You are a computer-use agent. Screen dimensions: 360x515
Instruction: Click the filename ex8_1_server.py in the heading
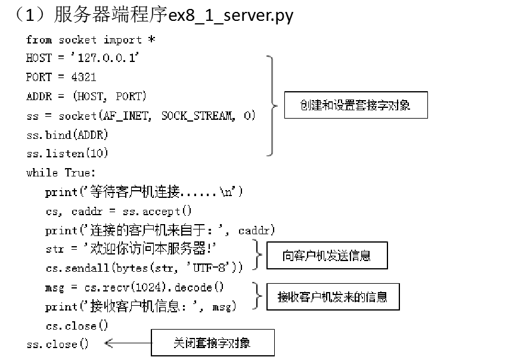pyautogui.click(x=231, y=15)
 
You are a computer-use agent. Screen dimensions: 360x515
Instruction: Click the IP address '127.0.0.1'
pyautogui.click(x=108, y=58)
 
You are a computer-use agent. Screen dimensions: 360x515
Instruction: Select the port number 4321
pyautogui.click(x=83, y=77)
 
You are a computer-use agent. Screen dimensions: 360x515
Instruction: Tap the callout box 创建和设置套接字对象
pyautogui.click(x=355, y=105)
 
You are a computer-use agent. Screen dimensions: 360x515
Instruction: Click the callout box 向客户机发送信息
pyautogui.click(x=326, y=256)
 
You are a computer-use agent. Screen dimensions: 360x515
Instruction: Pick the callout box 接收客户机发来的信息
pyautogui.click(x=332, y=296)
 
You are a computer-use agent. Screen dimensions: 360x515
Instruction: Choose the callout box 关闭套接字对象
pyautogui.click(x=212, y=343)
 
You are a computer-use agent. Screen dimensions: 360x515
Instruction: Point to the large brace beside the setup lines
pyautogui.click(x=272, y=105)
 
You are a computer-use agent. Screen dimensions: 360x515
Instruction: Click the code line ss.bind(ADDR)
pyautogui.click(x=67, y=135)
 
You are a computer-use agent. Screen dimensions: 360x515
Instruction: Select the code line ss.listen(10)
pyautogui.click(x=67, y=154)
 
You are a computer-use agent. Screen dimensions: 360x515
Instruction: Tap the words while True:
pyautogui.click(x=61, y=173)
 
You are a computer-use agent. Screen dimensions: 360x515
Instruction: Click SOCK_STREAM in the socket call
pyautogui.click(x=196, y=116)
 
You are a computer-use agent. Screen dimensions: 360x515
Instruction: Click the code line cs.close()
pyautogui.click(x=77, y=326)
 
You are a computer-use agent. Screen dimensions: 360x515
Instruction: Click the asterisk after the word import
pyautogui.click(x=151, y=39)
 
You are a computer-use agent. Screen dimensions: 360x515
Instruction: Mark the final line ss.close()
pyautogui.click(x=58, y=345)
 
